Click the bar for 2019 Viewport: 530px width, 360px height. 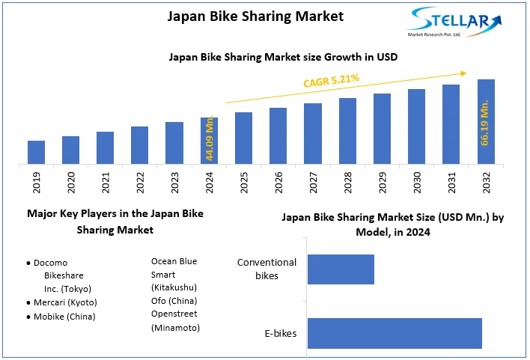point(36,152)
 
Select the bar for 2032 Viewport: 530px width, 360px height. point(486,121)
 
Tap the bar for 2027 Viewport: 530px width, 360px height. point(313,133)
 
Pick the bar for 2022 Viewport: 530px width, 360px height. point(139,145)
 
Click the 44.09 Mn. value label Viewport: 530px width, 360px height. point(210,138)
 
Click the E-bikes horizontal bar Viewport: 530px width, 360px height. point(395,333)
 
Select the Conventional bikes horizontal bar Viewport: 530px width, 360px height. point(341,269)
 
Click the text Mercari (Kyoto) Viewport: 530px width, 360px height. point(66,302)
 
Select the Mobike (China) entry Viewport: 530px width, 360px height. point(65,316)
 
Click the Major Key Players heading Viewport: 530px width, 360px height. point(115,222)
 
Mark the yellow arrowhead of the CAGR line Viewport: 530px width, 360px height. point(463,73)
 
